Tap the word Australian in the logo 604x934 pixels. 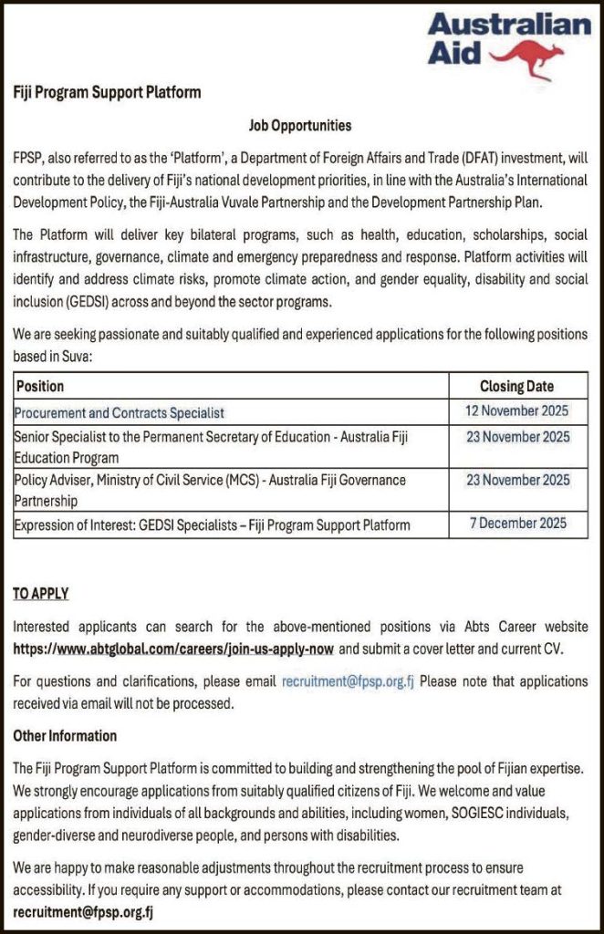coord(509,25)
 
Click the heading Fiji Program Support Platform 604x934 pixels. coord(107,92)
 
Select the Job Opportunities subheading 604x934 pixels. coord(300,125)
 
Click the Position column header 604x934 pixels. coord(41,386)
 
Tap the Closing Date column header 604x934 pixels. coord(516,386)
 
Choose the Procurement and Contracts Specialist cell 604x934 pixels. coord(120,412)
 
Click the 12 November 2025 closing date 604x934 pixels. coord(516,411)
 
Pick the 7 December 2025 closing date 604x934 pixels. coord(517,524)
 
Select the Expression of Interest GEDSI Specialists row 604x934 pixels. coord(212,524)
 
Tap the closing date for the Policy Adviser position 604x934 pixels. coord(517,480)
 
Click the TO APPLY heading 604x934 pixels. coord(41,594)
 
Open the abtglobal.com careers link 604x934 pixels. coord(172,649)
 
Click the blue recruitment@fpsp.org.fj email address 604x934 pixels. coord(348,681)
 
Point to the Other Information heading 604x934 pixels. coord(65,735)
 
